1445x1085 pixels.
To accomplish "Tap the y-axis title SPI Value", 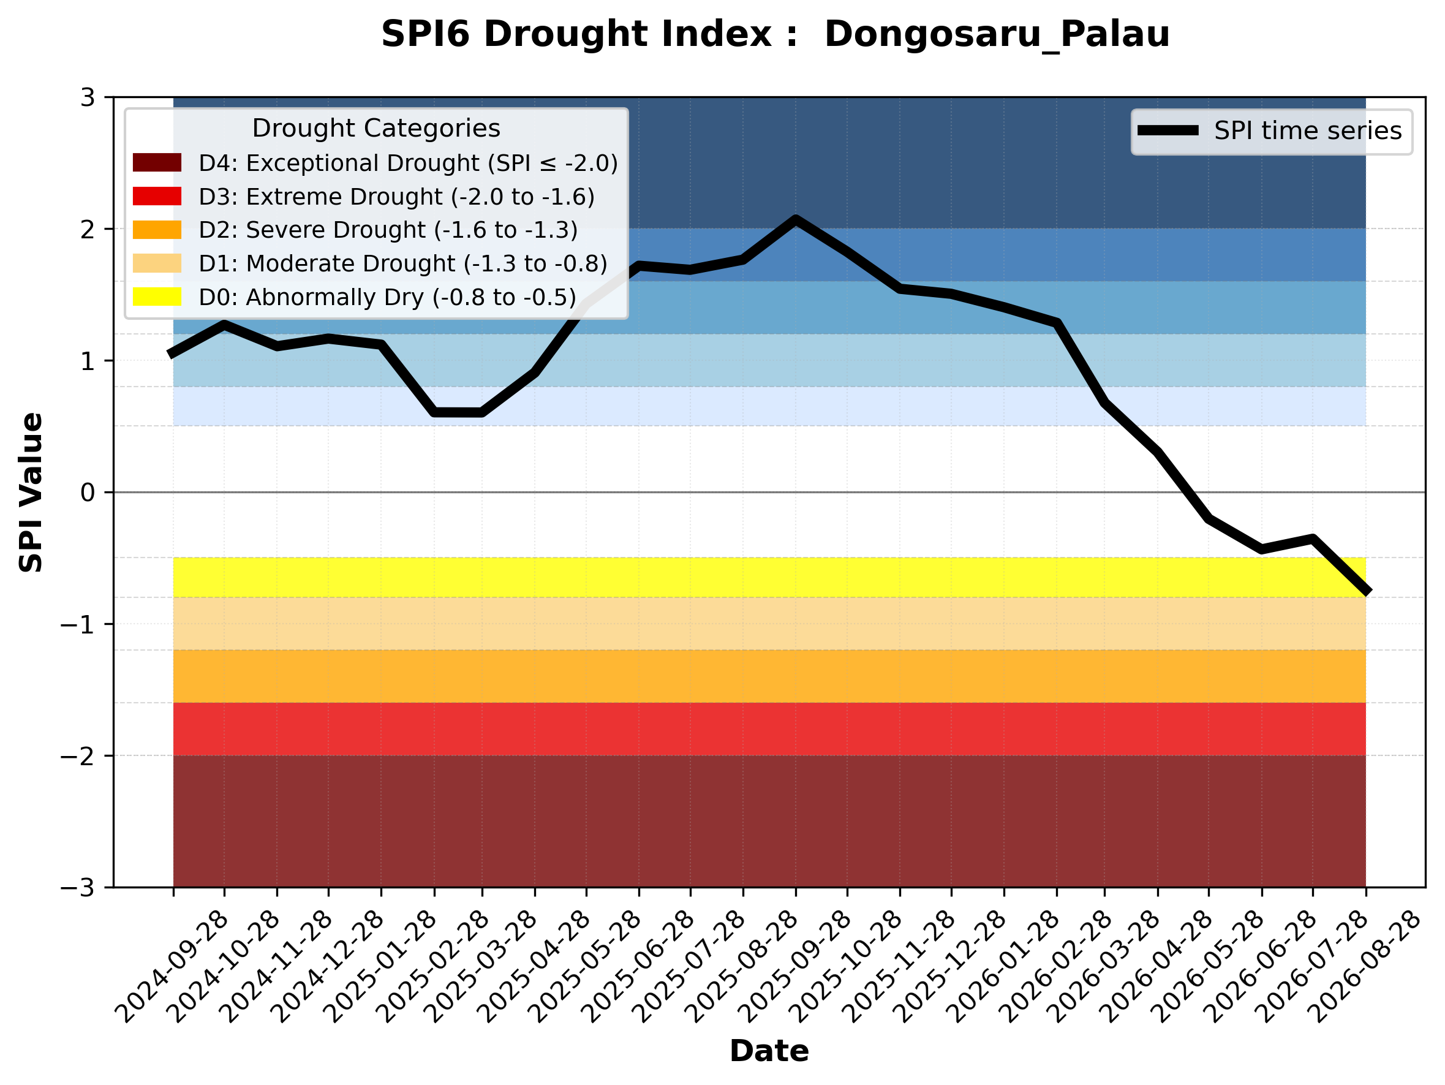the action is [31, 493].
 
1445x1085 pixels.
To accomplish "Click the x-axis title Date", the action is [769, 1051].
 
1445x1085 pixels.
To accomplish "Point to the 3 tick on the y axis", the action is [88, 97].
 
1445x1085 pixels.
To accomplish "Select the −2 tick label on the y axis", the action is [78, 756].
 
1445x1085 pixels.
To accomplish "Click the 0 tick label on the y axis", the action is [88, 493].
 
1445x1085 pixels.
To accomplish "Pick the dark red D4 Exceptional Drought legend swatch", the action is [157, 162].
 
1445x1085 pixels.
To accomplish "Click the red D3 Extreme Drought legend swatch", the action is [157, 196].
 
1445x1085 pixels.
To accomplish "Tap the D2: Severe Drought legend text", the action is [388, 230].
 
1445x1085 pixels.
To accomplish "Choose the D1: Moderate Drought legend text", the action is [403, 263].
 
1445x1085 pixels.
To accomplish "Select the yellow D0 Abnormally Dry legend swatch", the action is [157, 297].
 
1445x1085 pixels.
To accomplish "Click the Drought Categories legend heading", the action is [376, 128].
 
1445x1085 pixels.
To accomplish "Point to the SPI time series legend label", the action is [1308, 130].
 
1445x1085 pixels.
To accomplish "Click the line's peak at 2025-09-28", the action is [795, 219].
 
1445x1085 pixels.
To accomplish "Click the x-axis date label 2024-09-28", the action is [171, 966].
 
